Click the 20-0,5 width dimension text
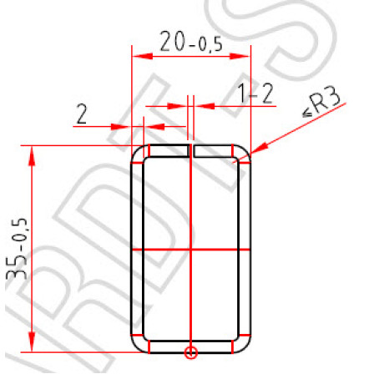191,42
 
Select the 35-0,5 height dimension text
17,249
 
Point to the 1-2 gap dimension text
256,93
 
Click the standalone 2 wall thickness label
82,114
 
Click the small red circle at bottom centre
191,352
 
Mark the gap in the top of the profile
191,150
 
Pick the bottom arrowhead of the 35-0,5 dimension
32,341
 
